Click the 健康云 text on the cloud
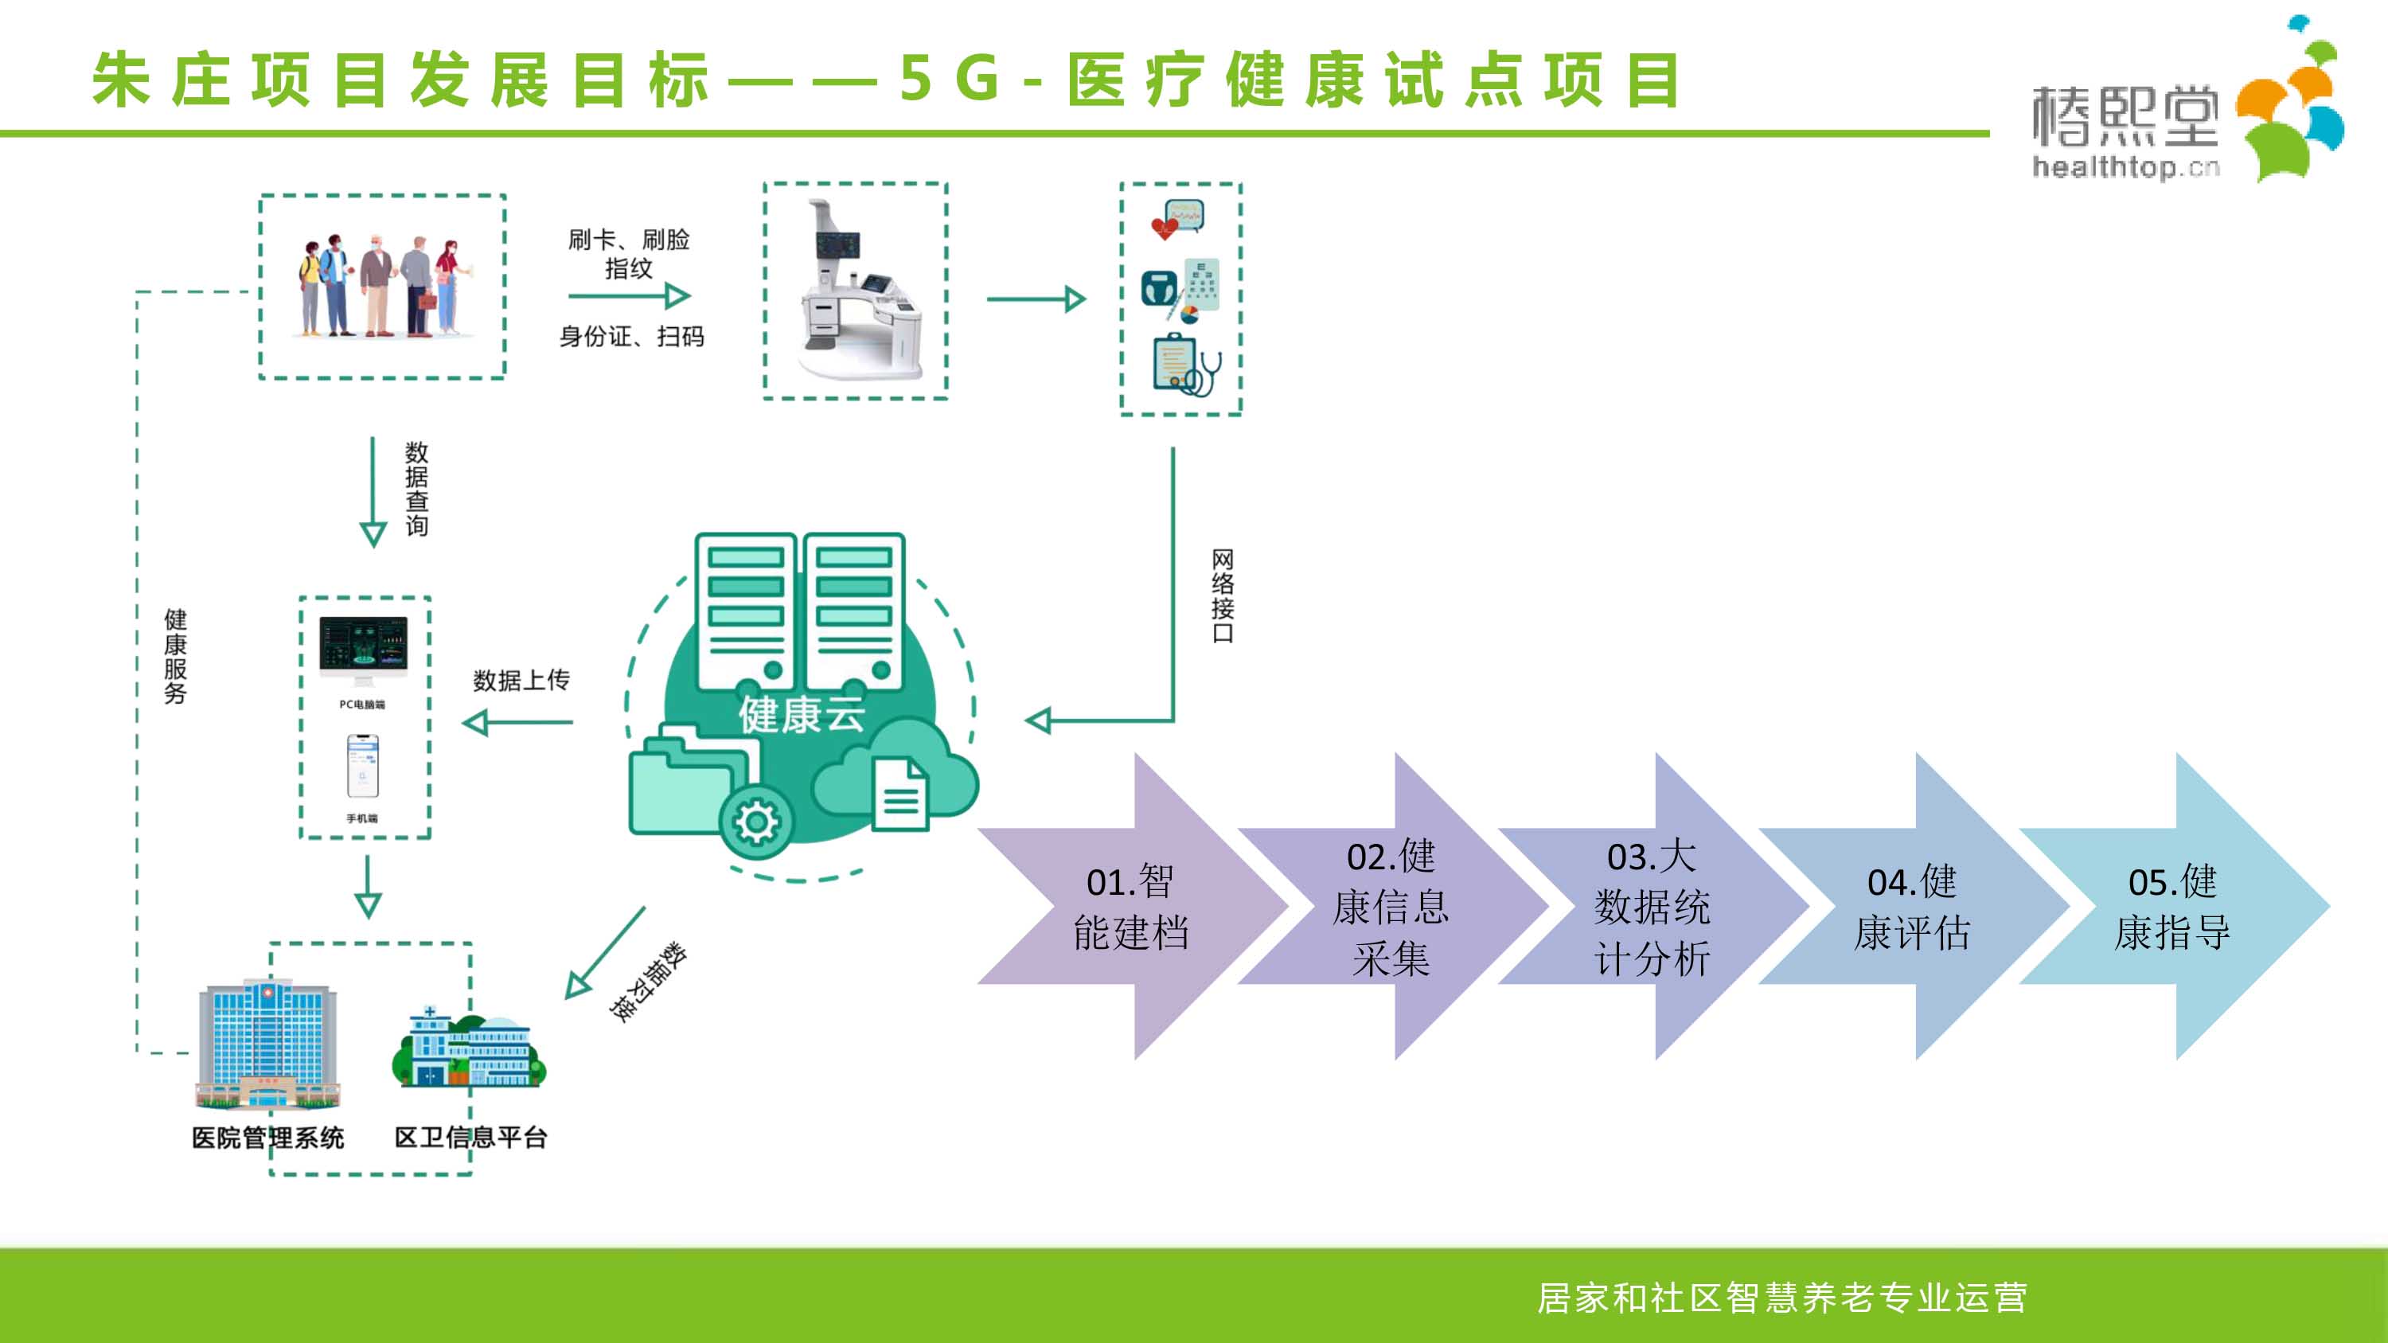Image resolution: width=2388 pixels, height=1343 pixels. (802, 715)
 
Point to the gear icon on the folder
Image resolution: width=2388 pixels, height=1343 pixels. (756, 822)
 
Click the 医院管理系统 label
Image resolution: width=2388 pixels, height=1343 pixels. (268, 1138)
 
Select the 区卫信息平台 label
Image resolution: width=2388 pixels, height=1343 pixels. (471, 1138)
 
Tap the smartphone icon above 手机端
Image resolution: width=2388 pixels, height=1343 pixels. (362, 766)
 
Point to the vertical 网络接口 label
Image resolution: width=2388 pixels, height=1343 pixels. (1223, 596)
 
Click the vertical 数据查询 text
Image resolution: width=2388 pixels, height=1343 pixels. (417, 489)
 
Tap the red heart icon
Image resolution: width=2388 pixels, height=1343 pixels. (1164, 228)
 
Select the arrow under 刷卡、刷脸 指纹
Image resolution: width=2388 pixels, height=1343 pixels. (630, 297)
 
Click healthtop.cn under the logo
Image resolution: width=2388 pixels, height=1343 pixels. (2125, 168)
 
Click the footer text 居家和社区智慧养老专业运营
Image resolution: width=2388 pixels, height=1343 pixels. (1781, 1298)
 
